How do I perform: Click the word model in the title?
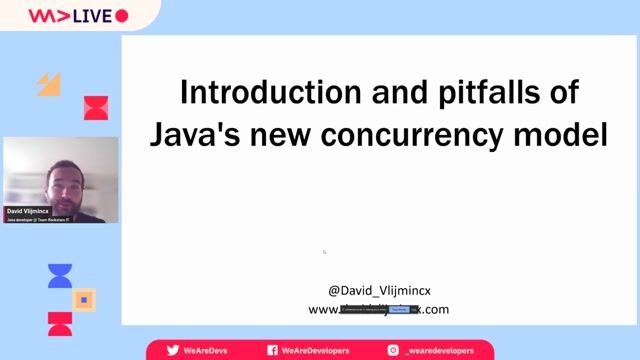567,134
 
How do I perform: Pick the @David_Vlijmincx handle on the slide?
379,290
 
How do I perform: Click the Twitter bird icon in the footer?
173,350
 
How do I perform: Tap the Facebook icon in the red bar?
272,350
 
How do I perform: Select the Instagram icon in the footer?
393,350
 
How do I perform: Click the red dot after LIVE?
122,16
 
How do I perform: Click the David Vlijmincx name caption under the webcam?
28,211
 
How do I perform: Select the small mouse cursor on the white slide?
324,252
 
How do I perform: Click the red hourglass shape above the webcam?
95,108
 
